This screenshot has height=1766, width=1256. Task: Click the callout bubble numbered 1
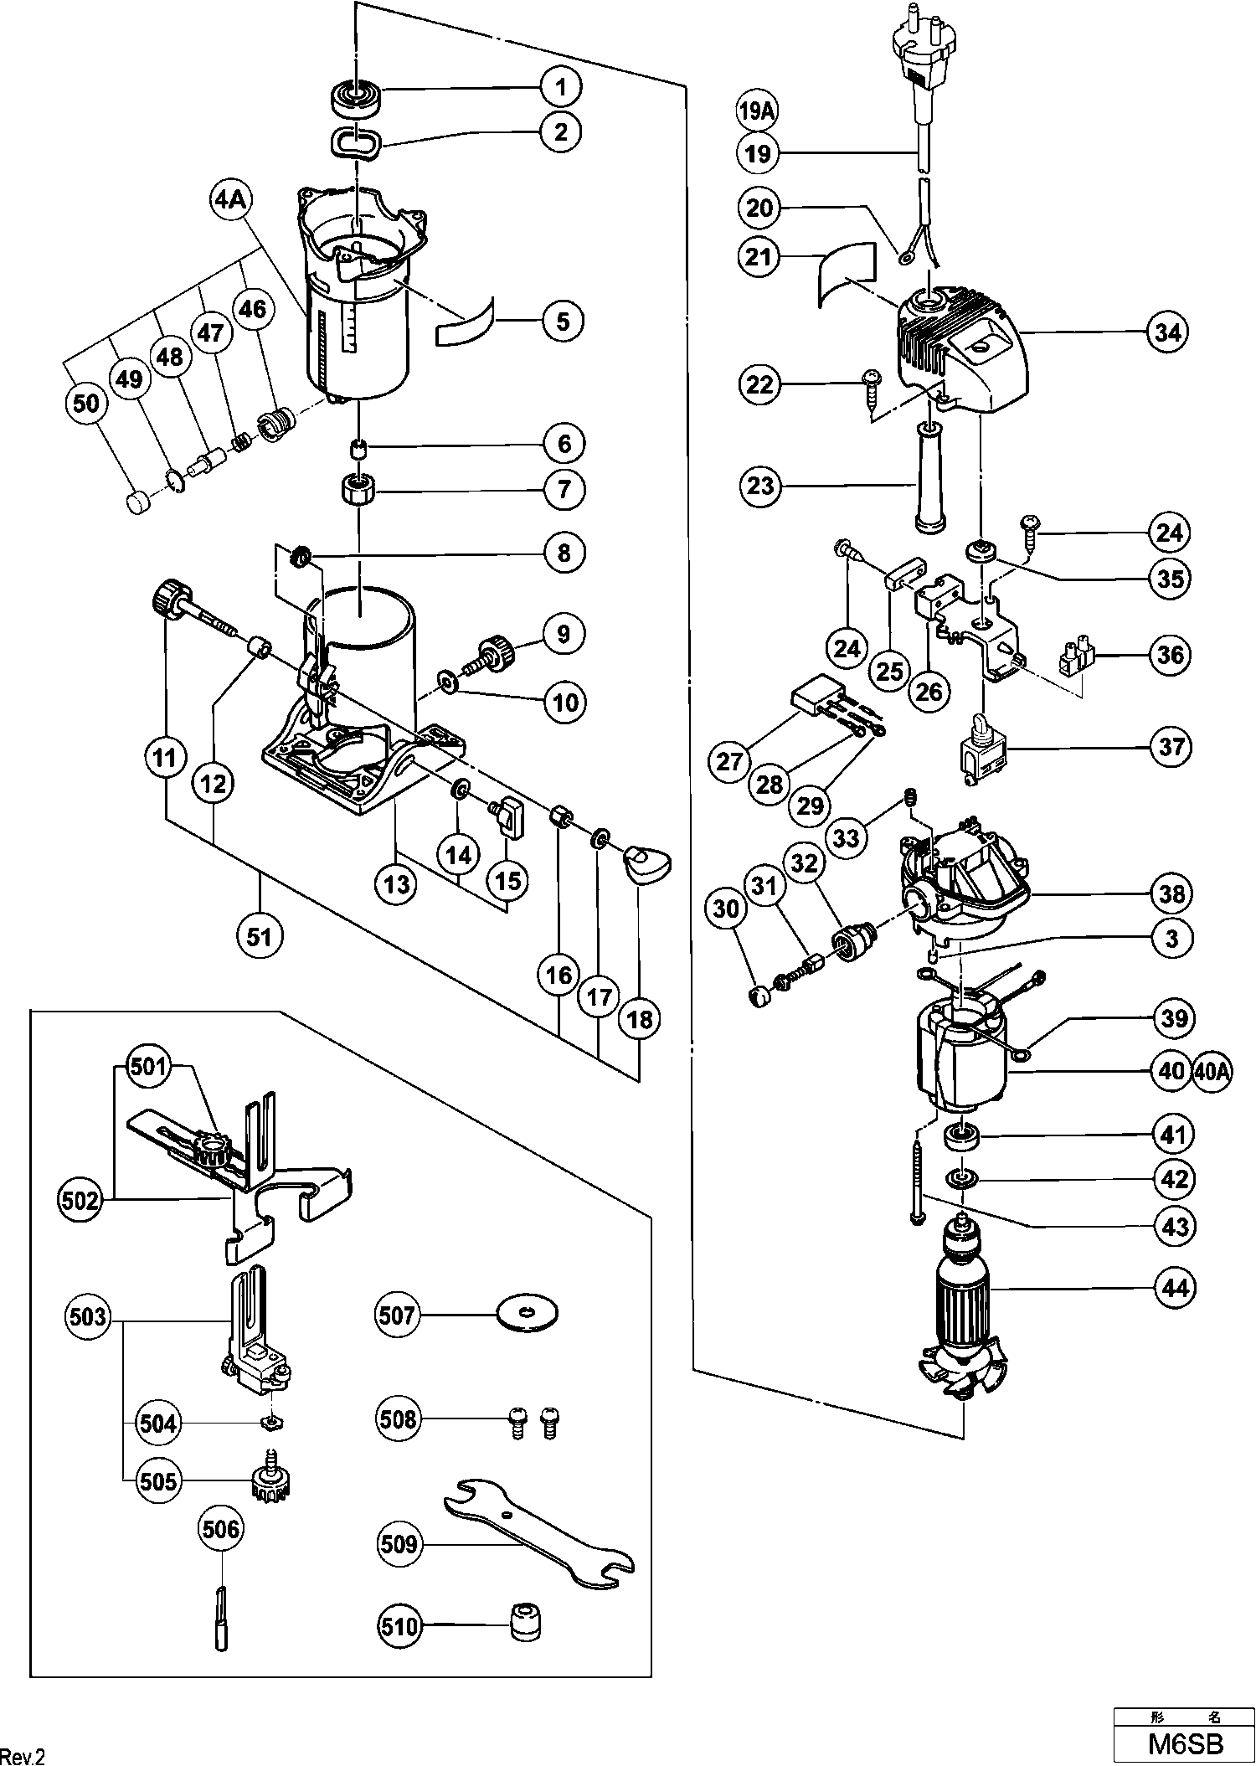click(x=561, y=86)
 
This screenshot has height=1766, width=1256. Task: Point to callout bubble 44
click(x=1176, y=1287)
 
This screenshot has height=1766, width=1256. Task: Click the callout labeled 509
click(x=399, y=1543)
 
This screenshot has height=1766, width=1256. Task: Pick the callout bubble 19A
click(x=757, y=111)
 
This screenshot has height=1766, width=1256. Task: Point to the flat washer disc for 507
click(x=528, y=1313)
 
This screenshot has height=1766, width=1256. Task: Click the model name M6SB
click(x=1185, y=1744)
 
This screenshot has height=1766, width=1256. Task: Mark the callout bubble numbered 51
click(x=260, y=934)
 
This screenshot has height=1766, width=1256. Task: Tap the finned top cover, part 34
click(x=963, y=352)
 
